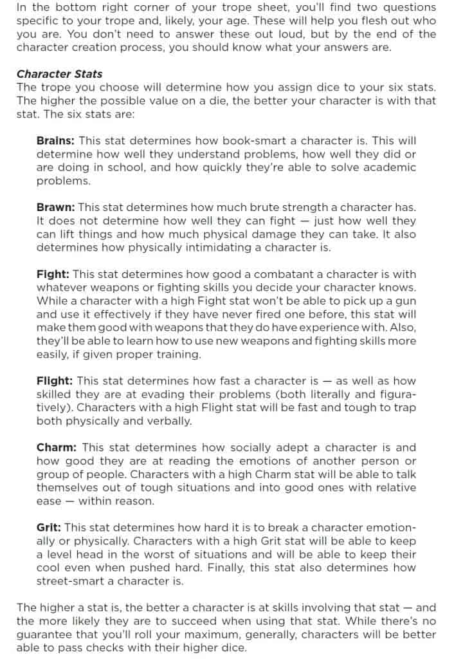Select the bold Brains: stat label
[56, 140]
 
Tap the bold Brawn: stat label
[55, 207]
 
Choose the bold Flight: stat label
[55, 381]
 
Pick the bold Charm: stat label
[57, 447]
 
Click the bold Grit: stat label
[49, 528]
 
